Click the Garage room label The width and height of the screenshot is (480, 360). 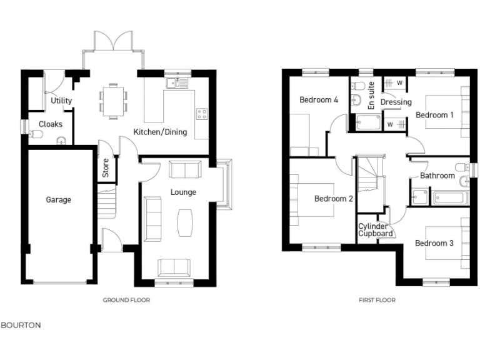[58, 200]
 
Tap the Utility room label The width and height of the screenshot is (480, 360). [61, 101]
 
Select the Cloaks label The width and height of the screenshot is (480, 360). [51, 124]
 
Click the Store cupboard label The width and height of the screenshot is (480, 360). [106, 169]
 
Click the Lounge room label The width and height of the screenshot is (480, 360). [183, 192]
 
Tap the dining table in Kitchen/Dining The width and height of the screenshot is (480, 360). [112, 100]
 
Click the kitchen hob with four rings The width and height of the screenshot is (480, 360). [202, 114]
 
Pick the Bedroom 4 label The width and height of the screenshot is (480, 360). [319, 100]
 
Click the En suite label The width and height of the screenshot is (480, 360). [371, 96]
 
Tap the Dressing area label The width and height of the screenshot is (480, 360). [396, 102]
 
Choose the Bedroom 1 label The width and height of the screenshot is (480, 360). [435, 115]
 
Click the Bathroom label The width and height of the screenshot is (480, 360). [437, 176]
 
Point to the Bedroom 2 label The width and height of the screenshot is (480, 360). [334, 199]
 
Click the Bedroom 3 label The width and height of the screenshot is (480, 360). [434, 243]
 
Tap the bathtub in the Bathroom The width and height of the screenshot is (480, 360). [449, 198]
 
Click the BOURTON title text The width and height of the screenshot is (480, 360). [21, 326]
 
